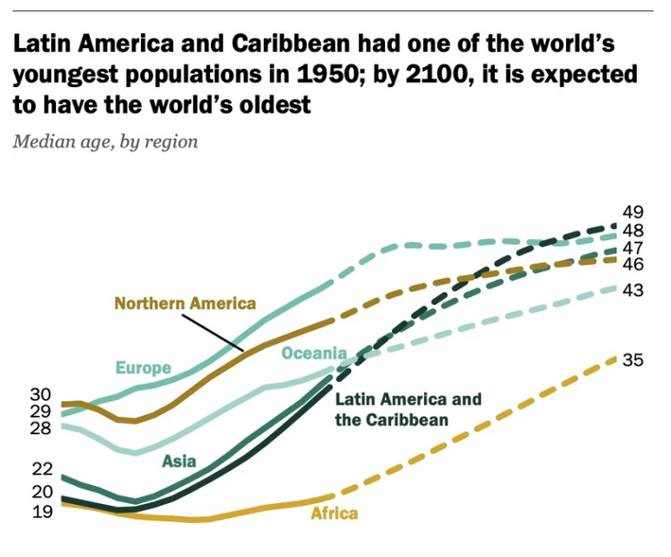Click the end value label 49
[633, 212]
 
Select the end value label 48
[633, 230]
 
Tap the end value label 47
[633, 248]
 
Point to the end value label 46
[633, 265]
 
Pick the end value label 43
[633, 290]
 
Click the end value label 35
[633, 359]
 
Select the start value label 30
[40, 394]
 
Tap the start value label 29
[40, 411]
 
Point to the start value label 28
[40, 428]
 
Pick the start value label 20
[40, 492]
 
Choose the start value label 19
[40, 512]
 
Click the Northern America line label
[185, 304]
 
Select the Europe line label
[143, 368]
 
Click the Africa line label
[334, 513]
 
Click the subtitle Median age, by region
[105, 142]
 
